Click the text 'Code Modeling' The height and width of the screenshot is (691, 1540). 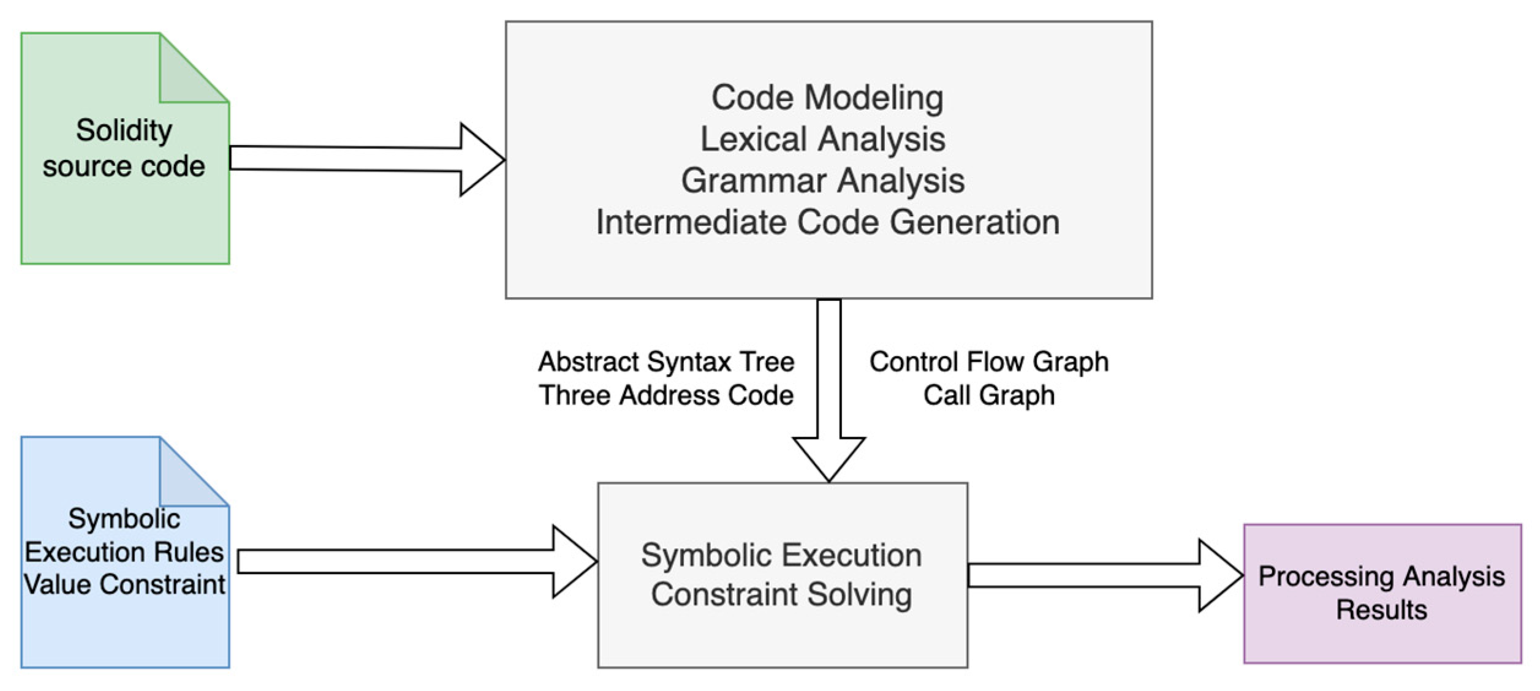pyautogui.click(x=827, y=98)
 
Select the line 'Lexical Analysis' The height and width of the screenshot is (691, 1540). pyautogui.click(x=822, y=139)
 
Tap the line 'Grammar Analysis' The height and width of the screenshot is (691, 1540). pyautogui.click(x=822, y=181)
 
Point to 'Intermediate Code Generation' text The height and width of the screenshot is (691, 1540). pyautogui.click(x=827, y=222)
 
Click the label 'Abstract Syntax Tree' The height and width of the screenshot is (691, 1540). pyautogui.click(x=666, y=361)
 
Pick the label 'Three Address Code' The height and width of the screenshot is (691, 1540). pyautogui.click(x=666, y=395)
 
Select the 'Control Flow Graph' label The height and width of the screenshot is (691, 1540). pyautogui.click(x=988, y=361)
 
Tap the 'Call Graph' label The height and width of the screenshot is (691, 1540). pyautogui.click(x=988, y=395)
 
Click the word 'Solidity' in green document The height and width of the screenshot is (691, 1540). pyautogui.click(x=124, y=130)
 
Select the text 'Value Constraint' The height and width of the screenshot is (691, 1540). pyautogui.click(x=124, y=584)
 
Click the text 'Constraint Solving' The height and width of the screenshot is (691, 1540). pyautogui.click(x=781, y=594)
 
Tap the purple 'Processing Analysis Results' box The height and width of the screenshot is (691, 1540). pyautogui.click(x=1382, y=593)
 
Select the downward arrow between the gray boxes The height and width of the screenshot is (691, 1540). pyautogui.click(x=829, y=392)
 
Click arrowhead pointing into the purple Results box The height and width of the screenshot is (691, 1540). pyautogui.click(x=1219, y=575)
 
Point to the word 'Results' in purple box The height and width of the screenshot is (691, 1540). pyautogui.click(x=1381, y=610)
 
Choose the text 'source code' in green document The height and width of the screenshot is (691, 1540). pyautogui.click(x=124, y=167)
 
